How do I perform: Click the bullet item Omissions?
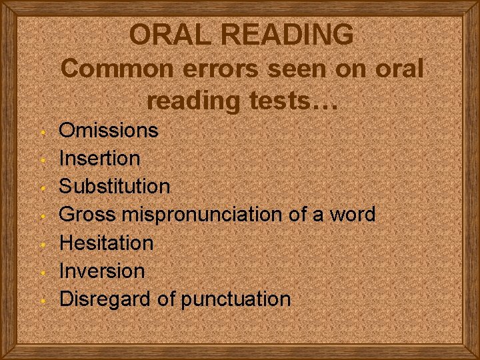tap(109, 130)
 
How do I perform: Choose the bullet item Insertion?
tap(100, 159)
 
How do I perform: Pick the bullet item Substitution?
tap(115, 186)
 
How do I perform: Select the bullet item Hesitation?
tap(107, 243)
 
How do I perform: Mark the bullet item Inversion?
tap(102, 271)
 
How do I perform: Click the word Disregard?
tap(105, 299)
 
